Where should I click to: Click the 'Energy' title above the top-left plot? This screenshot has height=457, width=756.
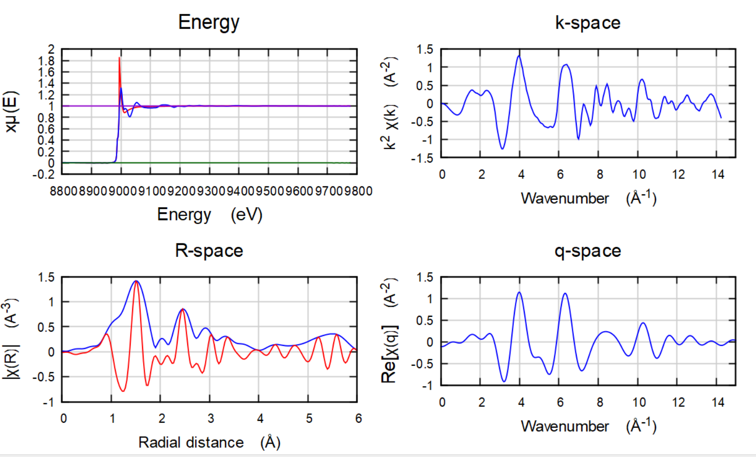coord(208,23)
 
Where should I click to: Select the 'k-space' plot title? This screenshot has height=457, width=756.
coord(588,23)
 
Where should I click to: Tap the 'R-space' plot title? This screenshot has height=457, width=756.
coord(208,251)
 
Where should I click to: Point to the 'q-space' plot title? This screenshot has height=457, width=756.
coord(588,251)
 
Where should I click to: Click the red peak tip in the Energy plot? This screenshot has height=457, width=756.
coord(119,58)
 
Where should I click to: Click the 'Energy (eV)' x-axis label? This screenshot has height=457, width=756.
coord(209,215)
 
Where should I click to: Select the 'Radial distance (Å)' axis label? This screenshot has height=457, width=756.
coord(209,442)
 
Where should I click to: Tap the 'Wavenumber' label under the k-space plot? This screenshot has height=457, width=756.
coord(564,198)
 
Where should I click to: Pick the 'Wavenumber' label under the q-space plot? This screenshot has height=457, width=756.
coord(564,426)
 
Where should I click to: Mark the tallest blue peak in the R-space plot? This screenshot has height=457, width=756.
coord(136,281)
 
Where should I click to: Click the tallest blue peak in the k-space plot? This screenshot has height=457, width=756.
coord(519,56)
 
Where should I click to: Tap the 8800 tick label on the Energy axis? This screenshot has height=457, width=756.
coord(63,191)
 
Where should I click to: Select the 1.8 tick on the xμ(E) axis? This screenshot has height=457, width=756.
coord(46,61)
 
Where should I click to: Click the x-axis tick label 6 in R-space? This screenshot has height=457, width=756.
coord(358,419)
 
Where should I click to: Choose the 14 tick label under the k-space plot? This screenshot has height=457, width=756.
coord(718,174)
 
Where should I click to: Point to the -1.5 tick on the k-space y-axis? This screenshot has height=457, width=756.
coord(422,158)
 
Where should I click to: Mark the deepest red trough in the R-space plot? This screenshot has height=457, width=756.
coord(123,391)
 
